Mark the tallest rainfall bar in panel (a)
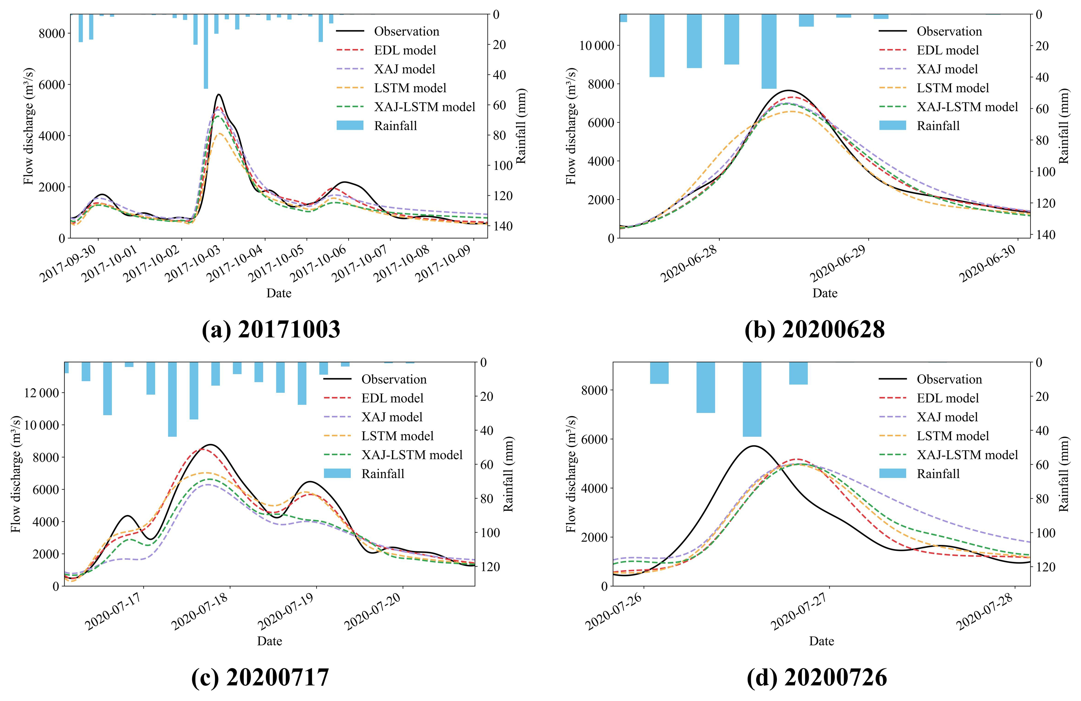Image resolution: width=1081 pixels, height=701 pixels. click(x=206, y=51)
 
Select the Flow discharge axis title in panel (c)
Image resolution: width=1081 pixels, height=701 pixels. click(x=16, y=474)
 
